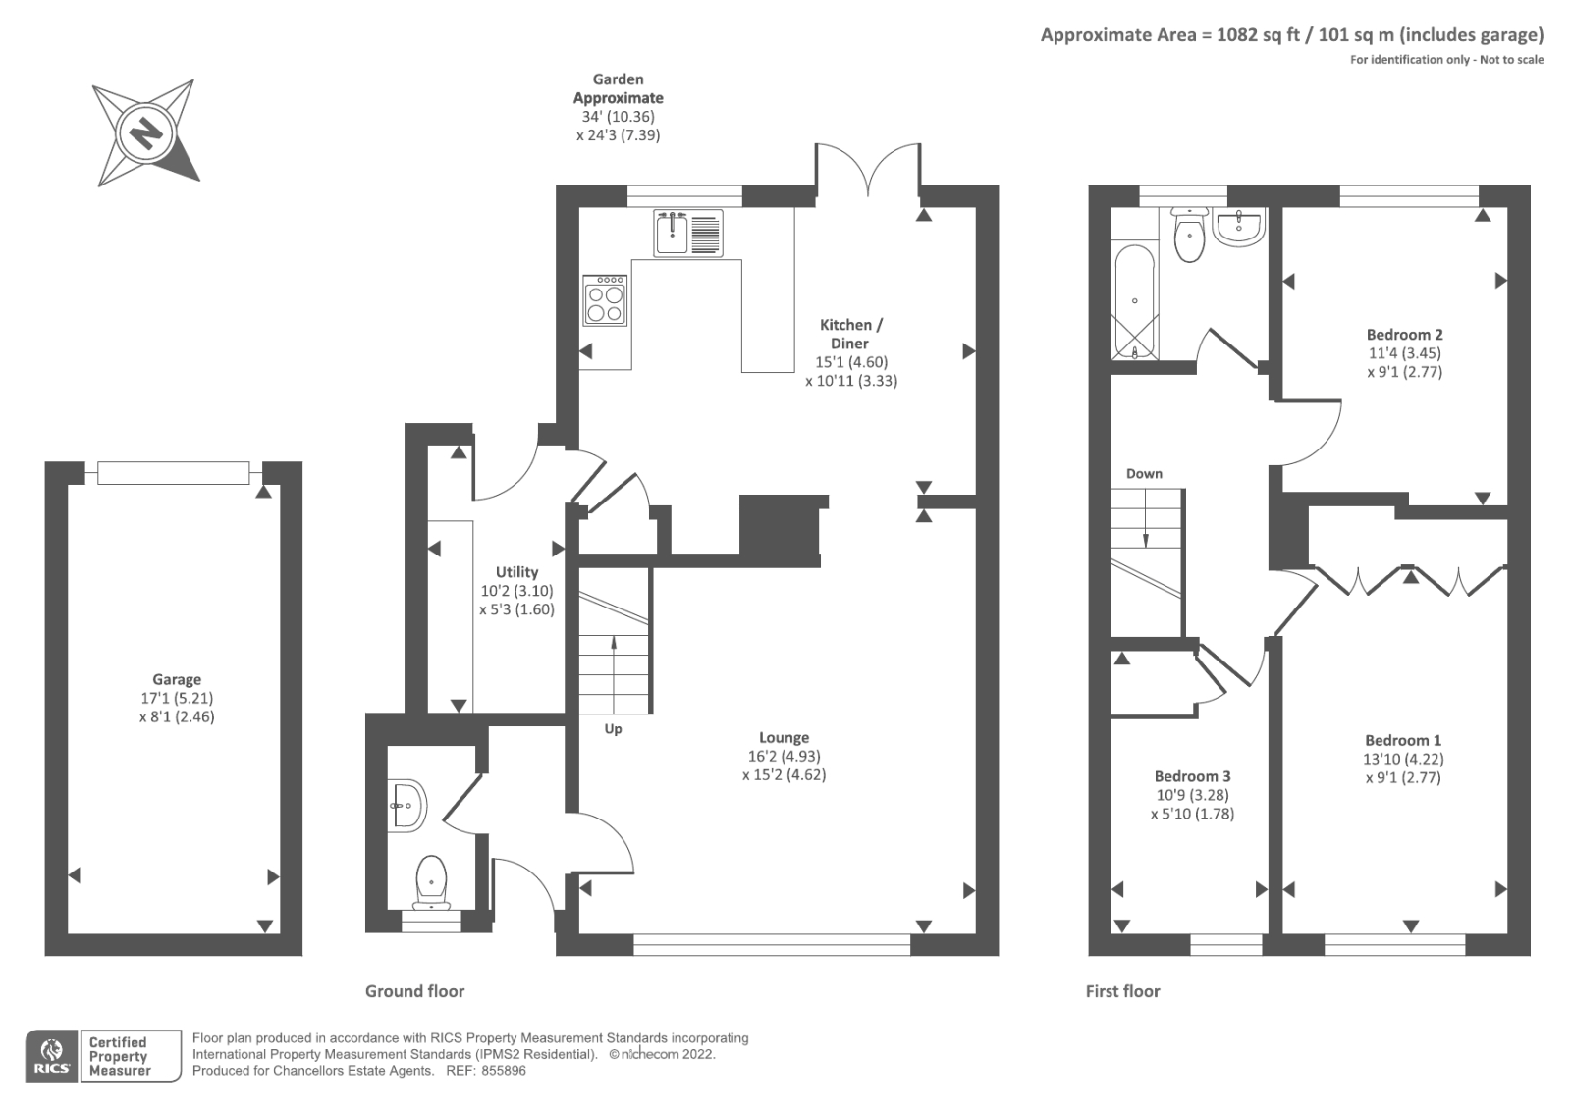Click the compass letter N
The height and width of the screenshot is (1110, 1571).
point(147,132)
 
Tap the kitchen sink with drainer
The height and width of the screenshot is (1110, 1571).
point(687,233)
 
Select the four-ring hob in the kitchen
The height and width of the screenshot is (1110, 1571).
point(604,299)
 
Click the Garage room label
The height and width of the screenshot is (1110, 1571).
point(177,679)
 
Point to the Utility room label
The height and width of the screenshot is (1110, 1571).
point(516,572)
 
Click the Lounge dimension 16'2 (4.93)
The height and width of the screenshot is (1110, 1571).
point(784,756)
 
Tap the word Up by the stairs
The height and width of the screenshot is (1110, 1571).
point(613,729)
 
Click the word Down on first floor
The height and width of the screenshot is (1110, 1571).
point(1144,473)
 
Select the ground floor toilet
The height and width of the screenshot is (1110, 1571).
point(431,880)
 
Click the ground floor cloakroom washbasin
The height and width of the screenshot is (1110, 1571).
point(406,805)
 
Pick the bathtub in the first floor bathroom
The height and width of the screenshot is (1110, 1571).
point(1134,302)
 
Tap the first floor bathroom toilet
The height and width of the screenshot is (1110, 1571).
point(1190,236)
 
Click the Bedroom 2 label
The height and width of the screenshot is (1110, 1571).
point(1404,334)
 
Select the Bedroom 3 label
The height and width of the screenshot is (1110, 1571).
point(1192,776)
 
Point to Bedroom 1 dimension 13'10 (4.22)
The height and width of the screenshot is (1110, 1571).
point(1404,759)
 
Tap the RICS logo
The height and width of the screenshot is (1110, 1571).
point(51,1056)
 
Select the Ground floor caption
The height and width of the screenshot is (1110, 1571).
point(414,991)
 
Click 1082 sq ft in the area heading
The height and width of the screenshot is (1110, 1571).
point(1257,35)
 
